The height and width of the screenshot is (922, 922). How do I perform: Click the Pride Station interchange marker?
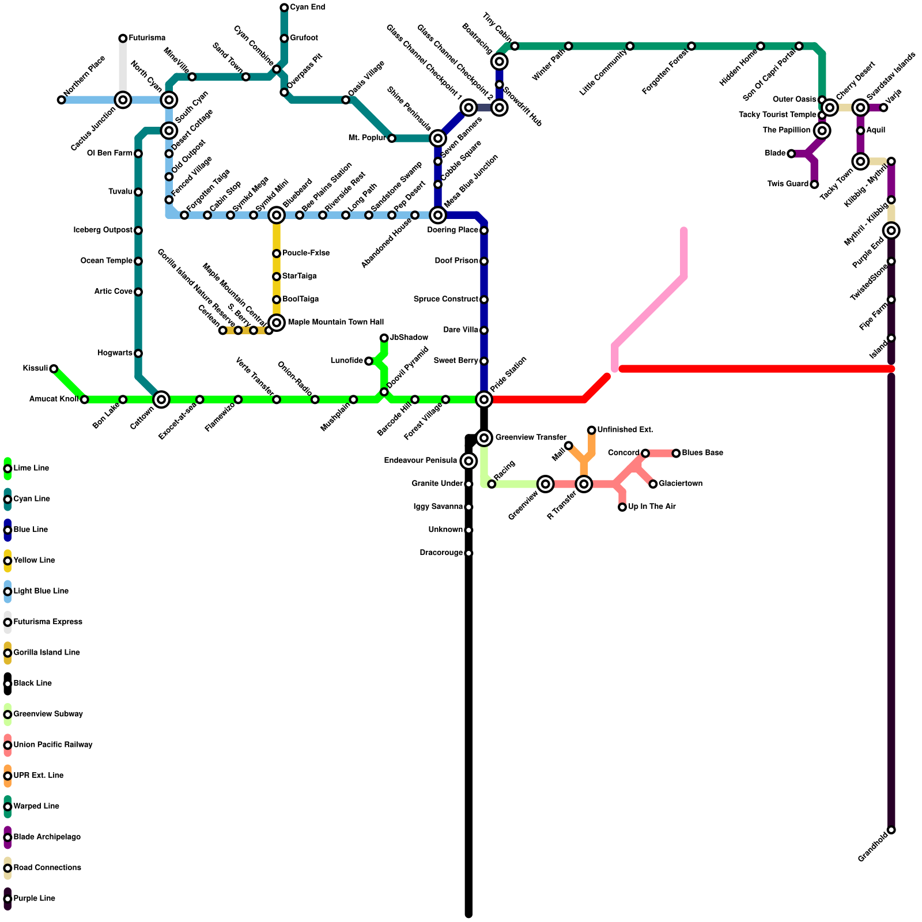point(484,399)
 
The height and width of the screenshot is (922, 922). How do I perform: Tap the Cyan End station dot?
point(284,7)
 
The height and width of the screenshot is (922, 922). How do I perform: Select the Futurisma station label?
point(147,38)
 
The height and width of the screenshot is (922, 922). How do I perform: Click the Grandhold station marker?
point(891,830)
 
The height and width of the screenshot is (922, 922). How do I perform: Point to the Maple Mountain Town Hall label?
point(335,322)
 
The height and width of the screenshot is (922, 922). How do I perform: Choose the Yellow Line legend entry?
point(34,561)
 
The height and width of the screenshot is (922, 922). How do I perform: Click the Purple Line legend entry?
point(34,898)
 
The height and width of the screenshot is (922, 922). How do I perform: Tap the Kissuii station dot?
point(54,369)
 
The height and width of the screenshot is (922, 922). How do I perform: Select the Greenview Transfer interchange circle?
point(484,438)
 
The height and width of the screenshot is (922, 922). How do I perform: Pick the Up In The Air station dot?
point(622,507)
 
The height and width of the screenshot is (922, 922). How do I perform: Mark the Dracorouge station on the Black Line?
point(468,553)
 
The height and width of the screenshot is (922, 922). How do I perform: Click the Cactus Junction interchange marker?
point(123,100)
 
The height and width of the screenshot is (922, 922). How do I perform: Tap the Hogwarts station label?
point(115,353)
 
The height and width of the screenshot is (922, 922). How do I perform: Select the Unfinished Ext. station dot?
point(592,430)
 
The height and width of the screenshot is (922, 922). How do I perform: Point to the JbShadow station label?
point(409,338)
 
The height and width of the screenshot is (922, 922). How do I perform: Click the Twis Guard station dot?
point(814,184)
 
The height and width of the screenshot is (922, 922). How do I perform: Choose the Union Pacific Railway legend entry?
point(52,745)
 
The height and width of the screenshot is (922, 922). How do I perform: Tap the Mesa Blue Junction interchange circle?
point(438,216)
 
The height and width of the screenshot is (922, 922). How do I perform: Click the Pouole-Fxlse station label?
point(305,254)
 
